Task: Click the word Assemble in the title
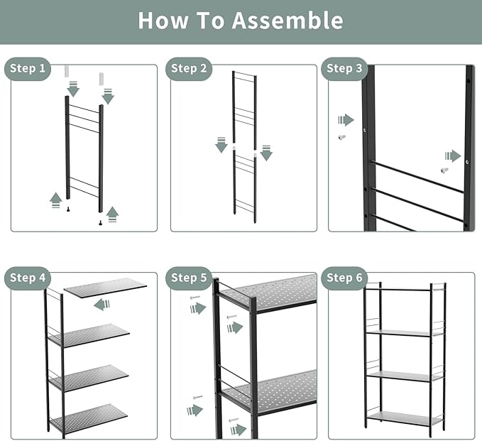287,21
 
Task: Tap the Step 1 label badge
28,69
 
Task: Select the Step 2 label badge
189,69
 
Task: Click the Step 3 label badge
344,69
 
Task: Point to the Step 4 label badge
28,278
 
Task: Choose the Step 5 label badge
189,278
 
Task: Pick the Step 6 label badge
344,278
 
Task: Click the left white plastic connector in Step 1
67,71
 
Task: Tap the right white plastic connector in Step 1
101,79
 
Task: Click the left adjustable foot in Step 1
68,209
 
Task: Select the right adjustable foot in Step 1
100,223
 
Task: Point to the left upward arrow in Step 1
55,200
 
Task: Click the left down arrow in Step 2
221,145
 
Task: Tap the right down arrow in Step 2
266,153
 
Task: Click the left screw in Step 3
341,137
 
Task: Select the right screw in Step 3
444,170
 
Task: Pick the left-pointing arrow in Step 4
102,305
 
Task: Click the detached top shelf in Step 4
105,288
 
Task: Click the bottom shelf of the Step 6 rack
405,418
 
